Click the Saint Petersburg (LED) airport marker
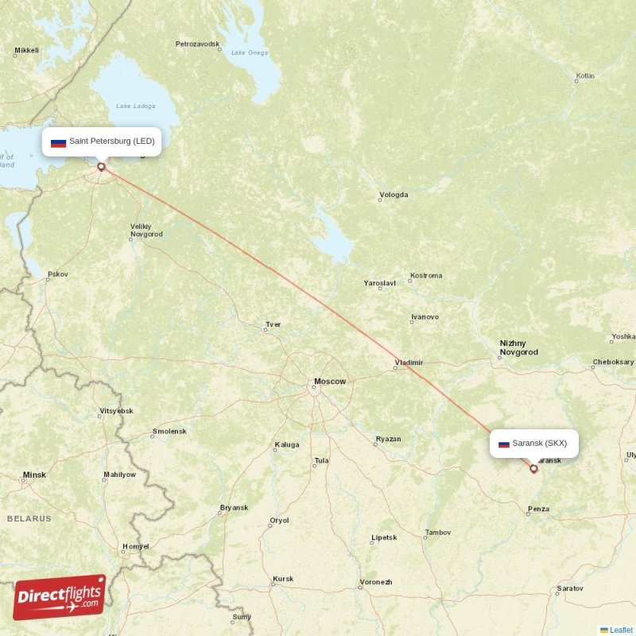pyautogui.click(x=101, y=167)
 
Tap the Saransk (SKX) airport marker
pyautogui.click(x=533, y=468)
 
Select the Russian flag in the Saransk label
pyautogui.click(x=503, y=444)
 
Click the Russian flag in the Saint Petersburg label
pyautogui.click(x=58, y=142)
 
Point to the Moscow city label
pyautogui.click(x=329, y=382)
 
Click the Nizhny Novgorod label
pyautogui.click(x=518, y=347)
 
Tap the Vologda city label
pyautogui.click(x=394, y=195)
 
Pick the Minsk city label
pyautogui.click(x=34, y=475)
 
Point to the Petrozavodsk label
pyautogui.click(x=197, y=44)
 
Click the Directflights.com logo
pyautogui.click(x=60, y=597)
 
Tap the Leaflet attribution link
pyautogui.click(x=621, y=630)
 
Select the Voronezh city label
pyautogui.click(x=375, y=582)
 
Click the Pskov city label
pyautogui.click(x=57, y=274)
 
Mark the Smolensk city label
pyautogui.click(x=169, y=432)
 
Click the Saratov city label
pyautogui.click(x=569, y=588)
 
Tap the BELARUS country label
pyautogui.click(x=29, y=518)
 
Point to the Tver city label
pyautogui.click(x=273, y=324)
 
